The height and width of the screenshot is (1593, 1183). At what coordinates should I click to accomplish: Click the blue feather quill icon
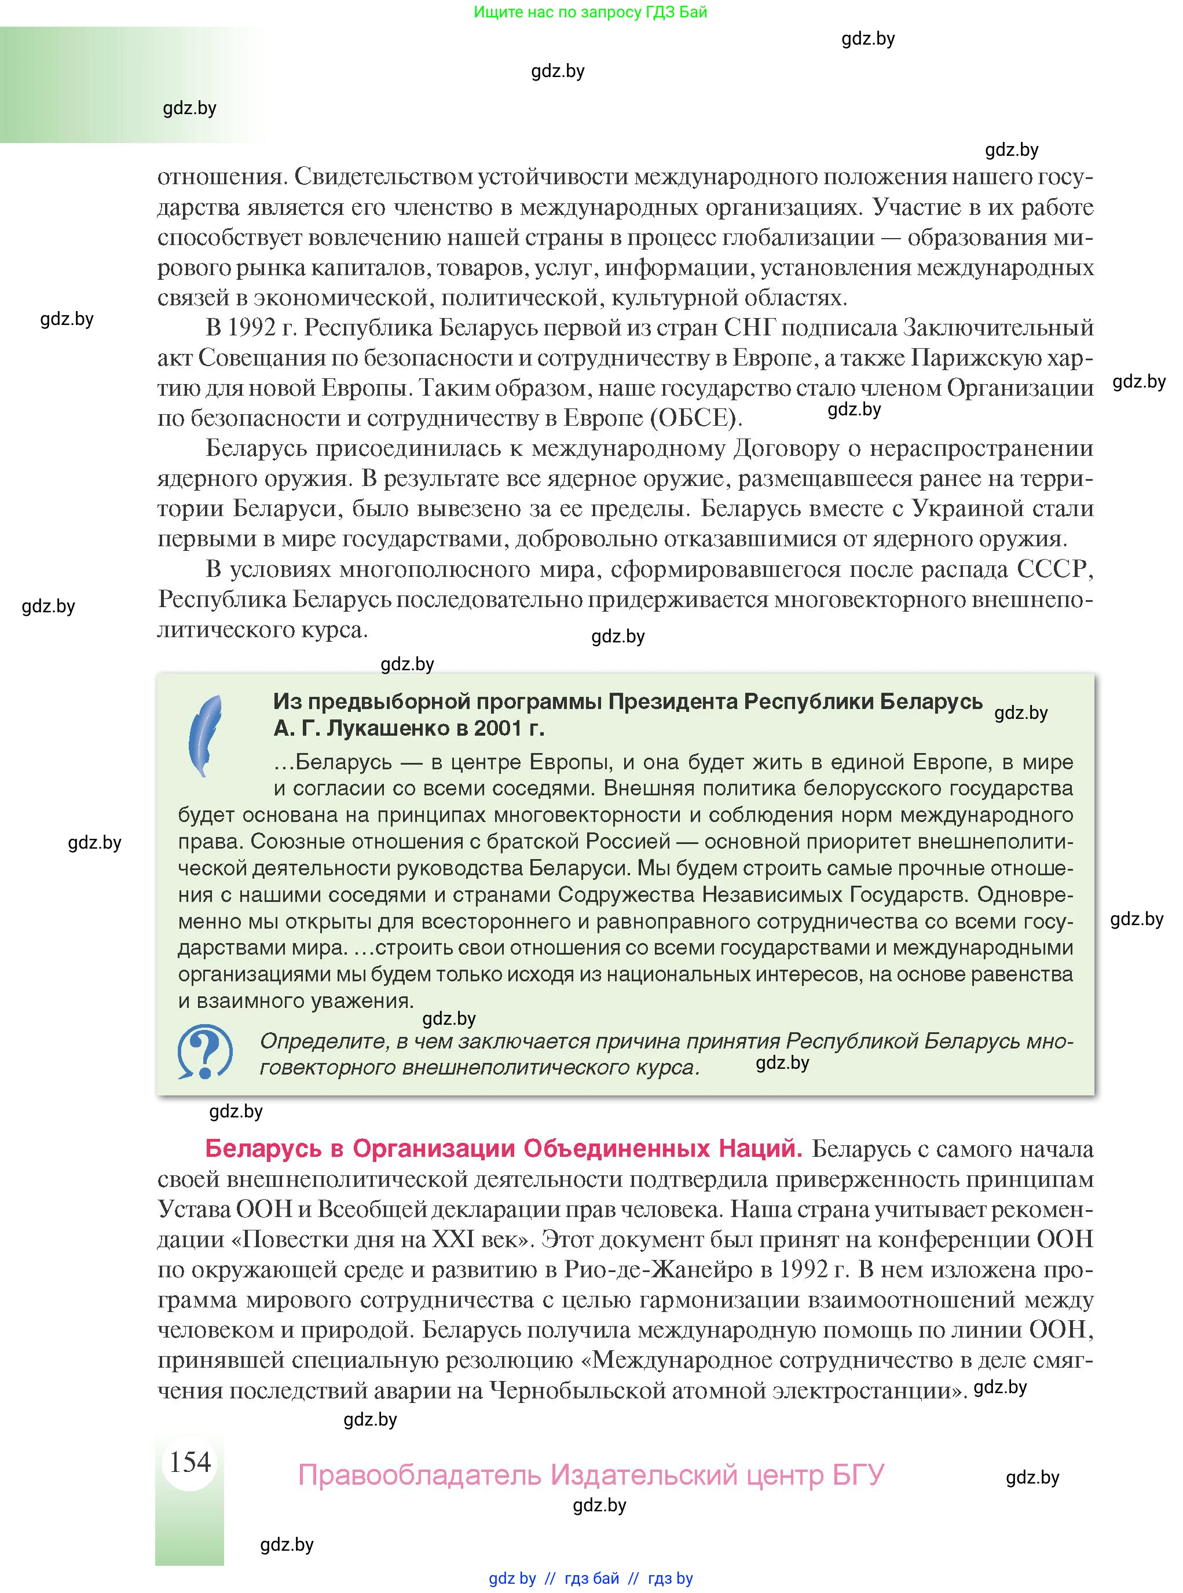click(x=205, y=736)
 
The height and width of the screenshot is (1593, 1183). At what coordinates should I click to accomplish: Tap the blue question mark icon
click(x=205, y=1051)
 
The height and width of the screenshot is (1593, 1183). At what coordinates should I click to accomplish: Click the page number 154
click(x=190, y=1461)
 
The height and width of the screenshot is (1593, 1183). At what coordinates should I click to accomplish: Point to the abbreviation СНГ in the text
click(x=750, y=327)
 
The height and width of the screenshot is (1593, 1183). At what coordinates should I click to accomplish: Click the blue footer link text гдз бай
click(x=592, y=1579)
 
